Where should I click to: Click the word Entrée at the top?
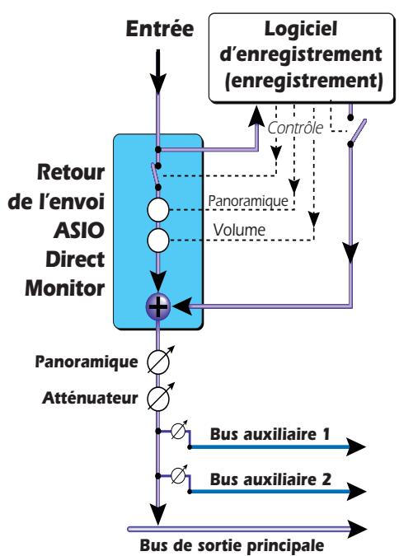[157, 30]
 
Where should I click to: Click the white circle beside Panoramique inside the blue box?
[157, 208]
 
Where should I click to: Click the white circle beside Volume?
[157, 241]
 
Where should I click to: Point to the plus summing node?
[157, 306]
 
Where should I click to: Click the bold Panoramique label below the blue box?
[88, 360]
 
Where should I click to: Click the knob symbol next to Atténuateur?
[157, 396]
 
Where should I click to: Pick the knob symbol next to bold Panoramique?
[157, 361]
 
